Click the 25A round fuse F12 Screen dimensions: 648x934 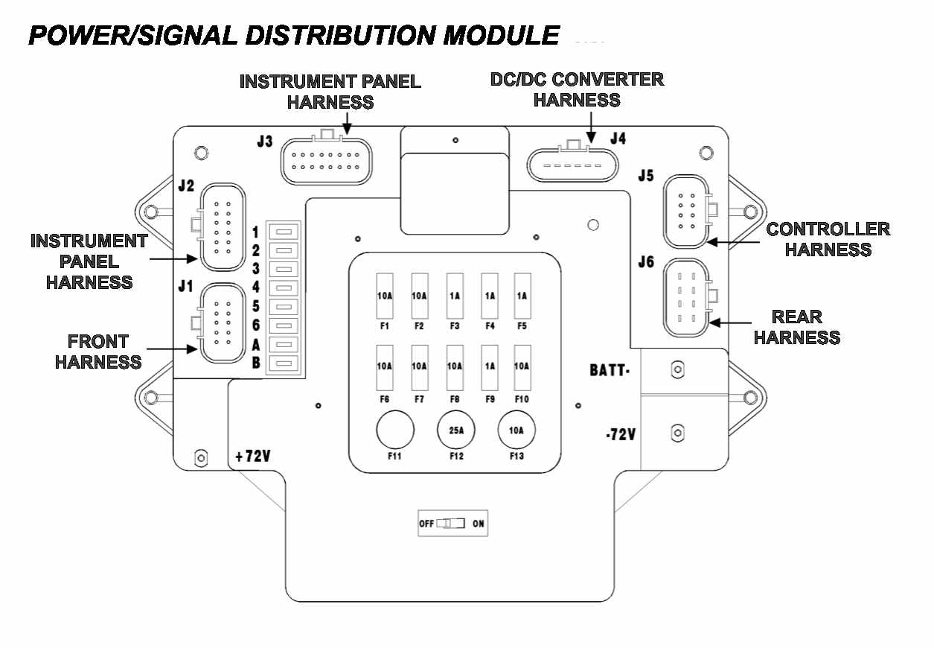455,431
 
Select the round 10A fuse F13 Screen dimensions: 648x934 516,431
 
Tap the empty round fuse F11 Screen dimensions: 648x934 394,431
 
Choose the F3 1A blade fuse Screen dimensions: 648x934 455,295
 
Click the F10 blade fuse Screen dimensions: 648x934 521,366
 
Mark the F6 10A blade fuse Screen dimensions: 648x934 385,366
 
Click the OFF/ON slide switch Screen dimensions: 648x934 450,524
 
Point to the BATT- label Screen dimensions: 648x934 610,370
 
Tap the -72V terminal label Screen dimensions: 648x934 621,433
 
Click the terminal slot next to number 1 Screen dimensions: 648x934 284,232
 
